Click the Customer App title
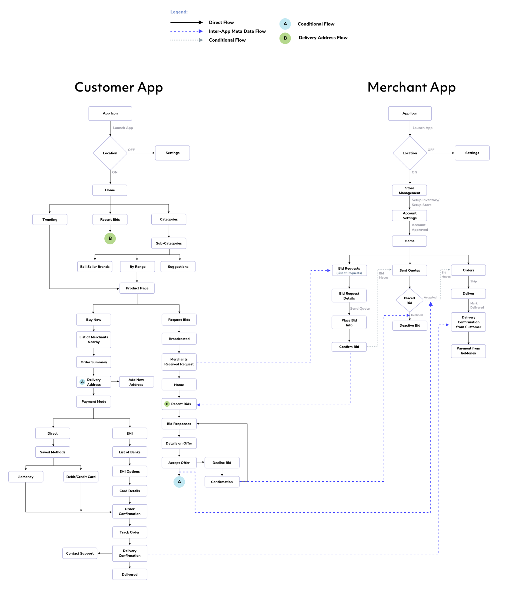coord(119,87)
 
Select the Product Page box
coord(137,288)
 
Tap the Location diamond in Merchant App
coord(410,153)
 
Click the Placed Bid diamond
coord(409,300)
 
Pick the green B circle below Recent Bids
coord(110,238)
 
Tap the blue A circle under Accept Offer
coord(179,482)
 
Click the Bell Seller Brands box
coord(95,267)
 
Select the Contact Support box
coord(80,553)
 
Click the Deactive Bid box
coord(410,325)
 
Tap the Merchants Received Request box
coord(179,362)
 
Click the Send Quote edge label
coord(360,309)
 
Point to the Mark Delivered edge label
coord(477,305)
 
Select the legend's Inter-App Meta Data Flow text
coord(237,31)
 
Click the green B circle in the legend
coord(285,38)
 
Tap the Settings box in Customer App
coord(172,153)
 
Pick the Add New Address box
coord(136,382)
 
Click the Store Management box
coord(409,190)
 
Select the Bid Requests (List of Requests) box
coord(349,270)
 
